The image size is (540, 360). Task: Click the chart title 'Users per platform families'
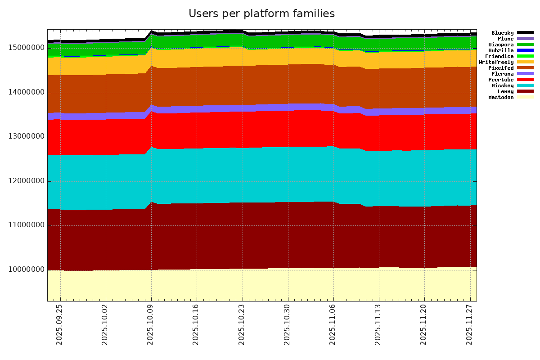pyautogui.click(x=261, y=14)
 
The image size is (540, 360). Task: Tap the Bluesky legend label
pyautogui.click(x=502, y=33)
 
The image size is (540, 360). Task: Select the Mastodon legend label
pyautogui.click(x=501, y=97)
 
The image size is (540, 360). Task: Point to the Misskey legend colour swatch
pyautogui.click(x=525, y=85)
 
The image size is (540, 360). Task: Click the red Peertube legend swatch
pyautogui.click(x=525, y=80)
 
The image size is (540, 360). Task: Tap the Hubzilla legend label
pyautogui.click(x=501, y=50)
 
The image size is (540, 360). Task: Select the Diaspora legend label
pyautogui.click(x=501, y=45)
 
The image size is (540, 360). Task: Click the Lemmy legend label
pyautogui.click(x=505, y=91)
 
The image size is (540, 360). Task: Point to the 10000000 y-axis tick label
pyautogui.click(x=27, y=270)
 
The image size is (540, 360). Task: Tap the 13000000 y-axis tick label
pyautogui.click(x=27, y=137)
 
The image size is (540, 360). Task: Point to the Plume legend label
pyautogui.click(x=505, y=39)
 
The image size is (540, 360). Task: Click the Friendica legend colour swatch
pyautogui.click(x=525, y=56)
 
